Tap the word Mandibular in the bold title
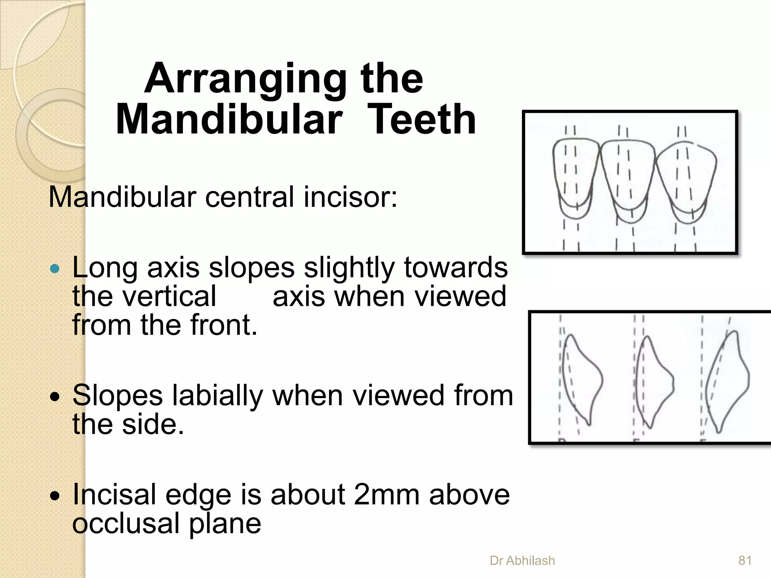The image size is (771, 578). [x=229, y=120]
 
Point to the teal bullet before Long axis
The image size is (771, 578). [x=55, y=268]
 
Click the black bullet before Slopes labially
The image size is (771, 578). [x=55, y=397]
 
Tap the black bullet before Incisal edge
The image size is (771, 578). [x=55, y=496]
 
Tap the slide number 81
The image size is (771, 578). [x=745, y=561]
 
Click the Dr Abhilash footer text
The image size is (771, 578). [x=522, y=561]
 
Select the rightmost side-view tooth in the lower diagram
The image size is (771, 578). [x=727, y=380]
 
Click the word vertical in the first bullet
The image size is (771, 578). [x=144, y=297]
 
